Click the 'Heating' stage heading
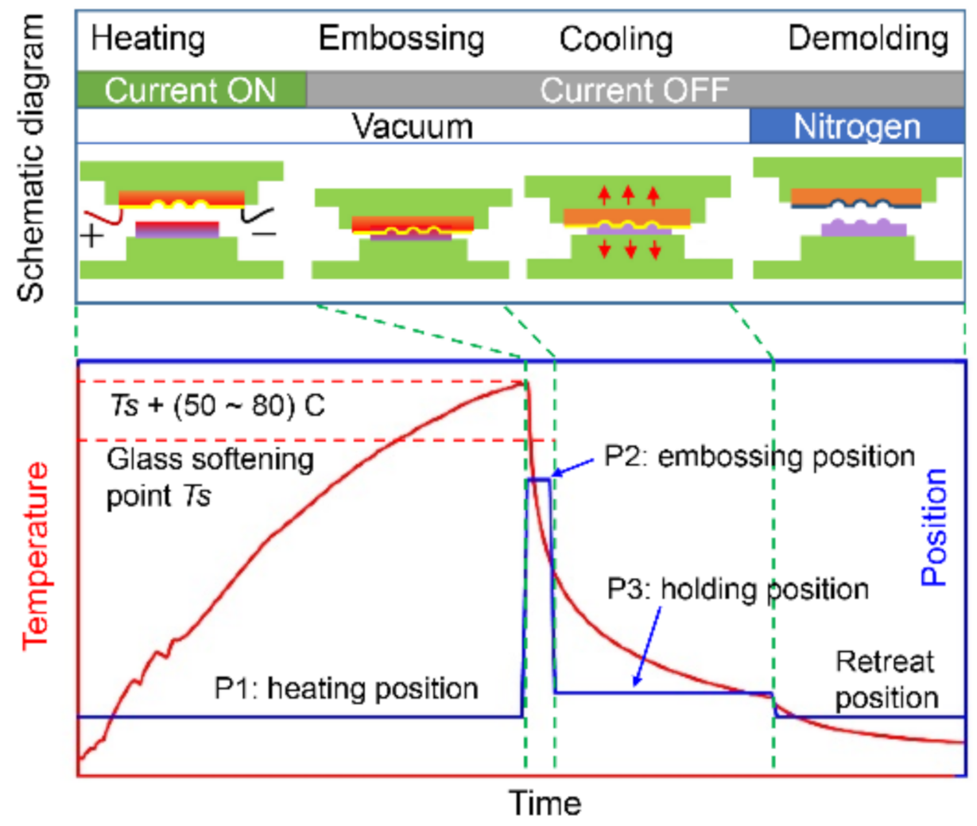pos(148,38)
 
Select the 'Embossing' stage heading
pos(401,38)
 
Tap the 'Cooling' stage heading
pos(615,39)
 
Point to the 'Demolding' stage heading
pos(868,38)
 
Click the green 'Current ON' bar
pos(190,90)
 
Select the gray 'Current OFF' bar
pos(634,90)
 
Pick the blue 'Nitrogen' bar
pos(856,127)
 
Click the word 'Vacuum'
pos(413,127)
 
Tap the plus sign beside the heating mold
pos(92,235)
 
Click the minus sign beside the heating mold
pos(264,234)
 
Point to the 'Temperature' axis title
pos(35,556)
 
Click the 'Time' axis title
pos(545,803)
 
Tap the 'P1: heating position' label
pos(346,688)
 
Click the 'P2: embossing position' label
pos(759,456)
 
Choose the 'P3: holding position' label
pos(738,589)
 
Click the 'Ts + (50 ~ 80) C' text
pos(216,406)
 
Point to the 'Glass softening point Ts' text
pos(210,477)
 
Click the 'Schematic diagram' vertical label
pos(32,159)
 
